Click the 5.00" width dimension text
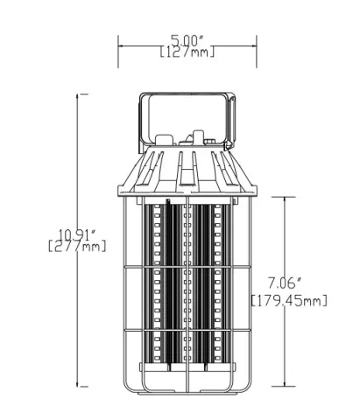click(187, 40)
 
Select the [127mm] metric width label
click(187, 52)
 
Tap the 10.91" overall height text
click(77, 234)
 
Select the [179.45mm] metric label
click(289, 300)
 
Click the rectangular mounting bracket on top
click(187, 114)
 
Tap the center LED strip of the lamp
click(187, 280)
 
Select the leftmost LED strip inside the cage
click(158, 280)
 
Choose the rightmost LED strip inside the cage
click(216, 280)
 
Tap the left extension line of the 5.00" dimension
click(119, 51)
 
